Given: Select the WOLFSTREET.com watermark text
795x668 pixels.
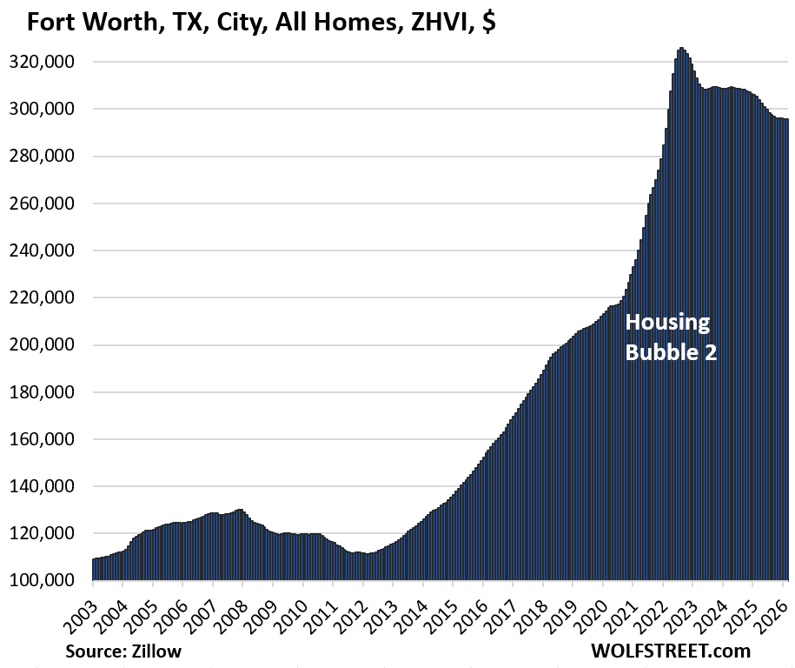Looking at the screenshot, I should pos(671,650).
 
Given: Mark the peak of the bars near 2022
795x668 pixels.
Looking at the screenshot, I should pos(681,49).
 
